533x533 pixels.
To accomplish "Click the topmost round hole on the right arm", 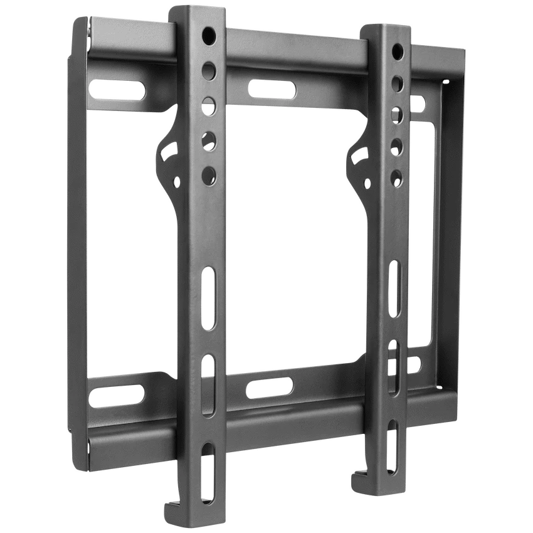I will point(398,50).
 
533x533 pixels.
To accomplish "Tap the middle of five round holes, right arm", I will point(397,113).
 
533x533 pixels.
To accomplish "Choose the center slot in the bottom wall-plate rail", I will point(269,388).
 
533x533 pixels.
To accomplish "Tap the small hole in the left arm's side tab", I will point(176,182).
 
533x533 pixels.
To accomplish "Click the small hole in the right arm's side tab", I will point(366,182).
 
